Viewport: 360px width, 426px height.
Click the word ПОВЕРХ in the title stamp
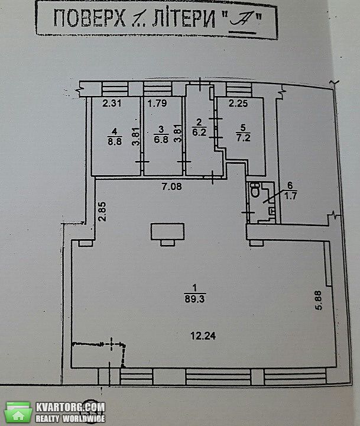pyautogui.click(x=90, y=18)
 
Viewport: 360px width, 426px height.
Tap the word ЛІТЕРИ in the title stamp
pyautogui.click(x=183, y=18)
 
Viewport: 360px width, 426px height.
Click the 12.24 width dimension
pyautogui.click(x=203, y=336)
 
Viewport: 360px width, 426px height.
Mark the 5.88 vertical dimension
pyautogui.click(x=318, y=300)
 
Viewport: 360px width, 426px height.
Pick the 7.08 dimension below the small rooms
pyautogui.click(x=171, y=186)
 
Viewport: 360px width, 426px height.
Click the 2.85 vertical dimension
pyautogui.click(x=102, y=212)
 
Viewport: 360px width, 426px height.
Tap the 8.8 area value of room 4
pyautogui.click(x=115, y=141)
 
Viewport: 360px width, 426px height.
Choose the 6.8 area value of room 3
pyautogui.click(x=161, y=140)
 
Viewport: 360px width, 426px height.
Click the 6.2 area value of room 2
pyautogui.click(x=200, y=133)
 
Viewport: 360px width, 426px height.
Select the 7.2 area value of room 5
pyautogui.click(x=244, y=138)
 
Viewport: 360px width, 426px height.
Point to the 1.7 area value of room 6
pyautogui.click(x=290, y=196)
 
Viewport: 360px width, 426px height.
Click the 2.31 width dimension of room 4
pyautogui.click(x=112, y=103)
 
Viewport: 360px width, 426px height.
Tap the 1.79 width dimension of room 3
pyautogui.click(x=157, y=103)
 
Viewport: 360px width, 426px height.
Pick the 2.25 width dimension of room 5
pyautogui.click(x=238, y=103)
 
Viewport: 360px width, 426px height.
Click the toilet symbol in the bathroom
pyautogui.click(x=255, y=190)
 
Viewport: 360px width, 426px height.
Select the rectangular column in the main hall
pyautogui.click(x=168, y=231)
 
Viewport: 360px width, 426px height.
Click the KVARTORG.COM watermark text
pyautogui.click(x=70, y=407)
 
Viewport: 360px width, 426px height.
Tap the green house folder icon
pyautogui.click(x=18, y=412)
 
